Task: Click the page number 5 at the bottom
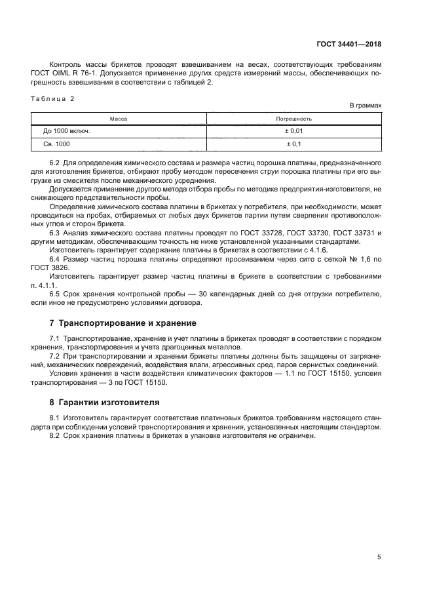379,557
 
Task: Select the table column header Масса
118,119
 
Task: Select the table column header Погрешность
294,119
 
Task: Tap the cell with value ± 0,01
294,131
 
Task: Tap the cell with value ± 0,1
294,144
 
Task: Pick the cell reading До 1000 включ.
66,131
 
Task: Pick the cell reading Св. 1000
56,144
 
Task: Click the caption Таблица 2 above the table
53,99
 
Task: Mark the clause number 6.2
55,162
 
